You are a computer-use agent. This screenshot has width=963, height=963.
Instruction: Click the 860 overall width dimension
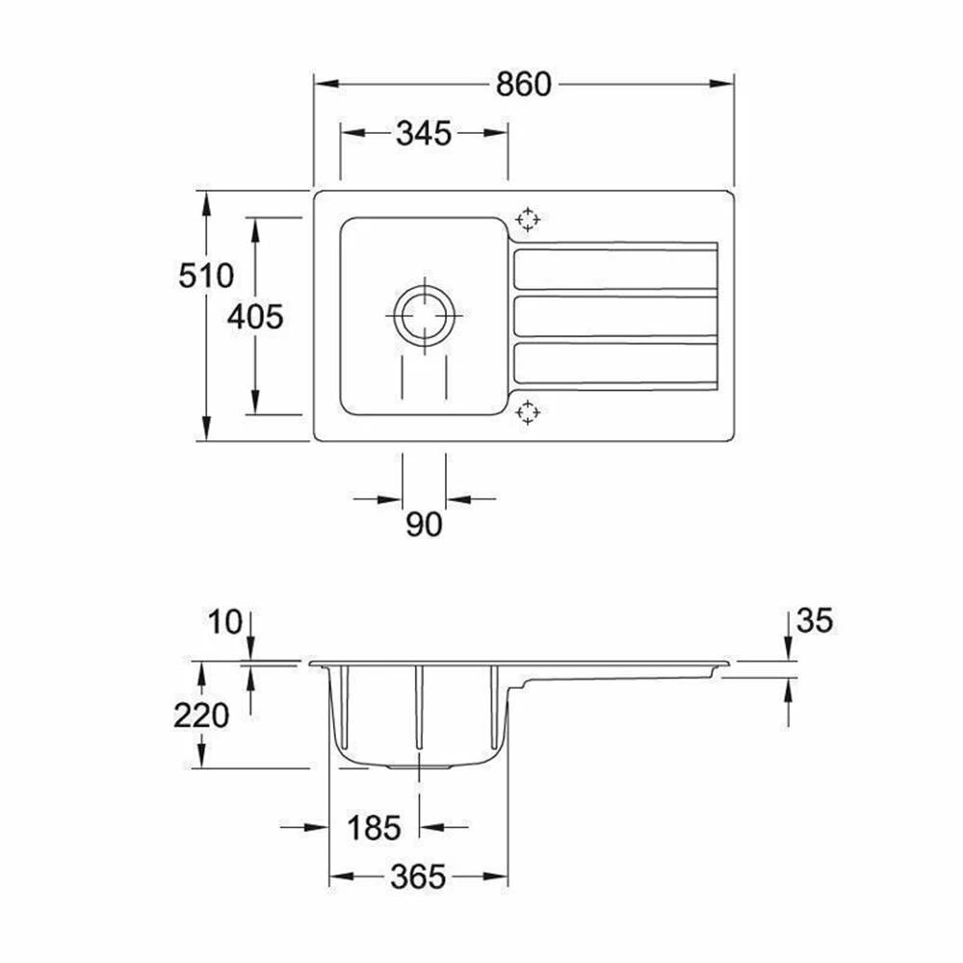coord(523,85)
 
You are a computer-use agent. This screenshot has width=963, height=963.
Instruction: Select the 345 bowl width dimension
coord(424,133)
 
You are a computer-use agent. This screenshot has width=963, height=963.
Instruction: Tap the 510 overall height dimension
coord(206,275)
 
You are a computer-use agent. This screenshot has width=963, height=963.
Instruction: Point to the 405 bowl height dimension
coord(255,317)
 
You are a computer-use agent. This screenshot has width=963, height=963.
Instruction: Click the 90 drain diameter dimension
coord(424,525)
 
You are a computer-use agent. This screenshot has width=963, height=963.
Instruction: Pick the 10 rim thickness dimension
coord(225,622)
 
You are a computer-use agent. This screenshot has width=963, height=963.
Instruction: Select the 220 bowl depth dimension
coord(201,716)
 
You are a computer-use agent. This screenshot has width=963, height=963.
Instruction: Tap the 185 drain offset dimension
coord(374,827)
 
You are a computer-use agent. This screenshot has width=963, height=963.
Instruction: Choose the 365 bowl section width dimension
coord(418,876)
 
